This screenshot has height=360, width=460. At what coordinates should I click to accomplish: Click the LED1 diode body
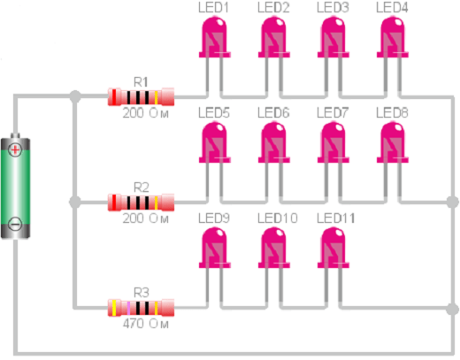(x=215, y=37)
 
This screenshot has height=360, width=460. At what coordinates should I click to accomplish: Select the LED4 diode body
(x=393, y=37)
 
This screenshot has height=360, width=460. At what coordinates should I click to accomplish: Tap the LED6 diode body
(x=274, y=142)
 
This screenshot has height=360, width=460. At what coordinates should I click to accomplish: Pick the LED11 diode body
(x=333, y=248)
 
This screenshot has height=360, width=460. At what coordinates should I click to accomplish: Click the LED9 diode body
(x=215, y=248)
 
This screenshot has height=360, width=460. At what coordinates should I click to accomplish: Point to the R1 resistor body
(x=141, y=96)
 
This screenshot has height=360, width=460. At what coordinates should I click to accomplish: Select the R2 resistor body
(x=141, y=203)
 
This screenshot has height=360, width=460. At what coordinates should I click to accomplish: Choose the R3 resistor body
(x=141, y=308)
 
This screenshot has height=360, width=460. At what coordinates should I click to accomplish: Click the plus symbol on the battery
(x=15, y=150)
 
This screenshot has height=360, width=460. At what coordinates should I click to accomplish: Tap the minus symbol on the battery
(x=15, y=224)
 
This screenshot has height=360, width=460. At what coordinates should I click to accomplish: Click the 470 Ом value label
(x=146, y=324)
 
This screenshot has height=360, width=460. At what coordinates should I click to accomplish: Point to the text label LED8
(x=392, y=113)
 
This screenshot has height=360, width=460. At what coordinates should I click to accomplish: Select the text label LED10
(x=278, y=218)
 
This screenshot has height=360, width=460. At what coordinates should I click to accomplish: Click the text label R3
(x=142, y=293)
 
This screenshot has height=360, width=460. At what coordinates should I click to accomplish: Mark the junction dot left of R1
(x=75, y=96)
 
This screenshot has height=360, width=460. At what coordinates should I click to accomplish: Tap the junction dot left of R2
(x=75, y=202)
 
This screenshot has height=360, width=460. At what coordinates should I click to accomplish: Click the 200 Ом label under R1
(x=146, y=113)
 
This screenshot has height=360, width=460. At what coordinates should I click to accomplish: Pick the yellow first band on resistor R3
(x=114, y=308)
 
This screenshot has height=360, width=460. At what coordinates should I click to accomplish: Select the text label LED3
(x=333, y=8)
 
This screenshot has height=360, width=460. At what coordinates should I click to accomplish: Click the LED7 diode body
(x=333, y=142)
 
